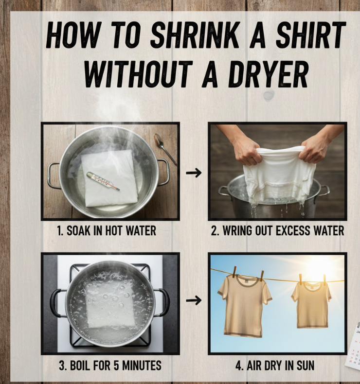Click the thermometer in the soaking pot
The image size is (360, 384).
point(103,181)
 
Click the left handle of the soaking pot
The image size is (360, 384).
point(53,175)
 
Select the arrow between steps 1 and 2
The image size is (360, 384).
point(194,173)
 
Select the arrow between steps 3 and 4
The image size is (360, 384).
point(194,300)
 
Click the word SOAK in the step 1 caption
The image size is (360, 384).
point(78,230)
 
